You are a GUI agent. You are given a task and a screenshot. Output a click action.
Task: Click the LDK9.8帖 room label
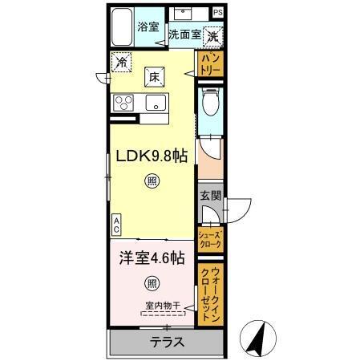[154, 156]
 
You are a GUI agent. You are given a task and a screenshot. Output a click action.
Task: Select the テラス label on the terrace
[167, 341]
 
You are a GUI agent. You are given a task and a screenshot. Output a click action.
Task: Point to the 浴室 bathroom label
[147, 26]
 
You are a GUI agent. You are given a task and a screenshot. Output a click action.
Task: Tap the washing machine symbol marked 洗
[213, 35]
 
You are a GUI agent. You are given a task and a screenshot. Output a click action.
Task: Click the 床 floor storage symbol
[152, 77]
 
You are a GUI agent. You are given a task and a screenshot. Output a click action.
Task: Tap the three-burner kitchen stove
[127, 102]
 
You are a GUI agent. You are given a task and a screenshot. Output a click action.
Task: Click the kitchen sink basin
[155, 102]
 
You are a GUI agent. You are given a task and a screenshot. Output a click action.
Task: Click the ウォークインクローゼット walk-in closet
[209, 294]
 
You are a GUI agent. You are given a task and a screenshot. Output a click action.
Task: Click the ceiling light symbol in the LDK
[152, 181]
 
